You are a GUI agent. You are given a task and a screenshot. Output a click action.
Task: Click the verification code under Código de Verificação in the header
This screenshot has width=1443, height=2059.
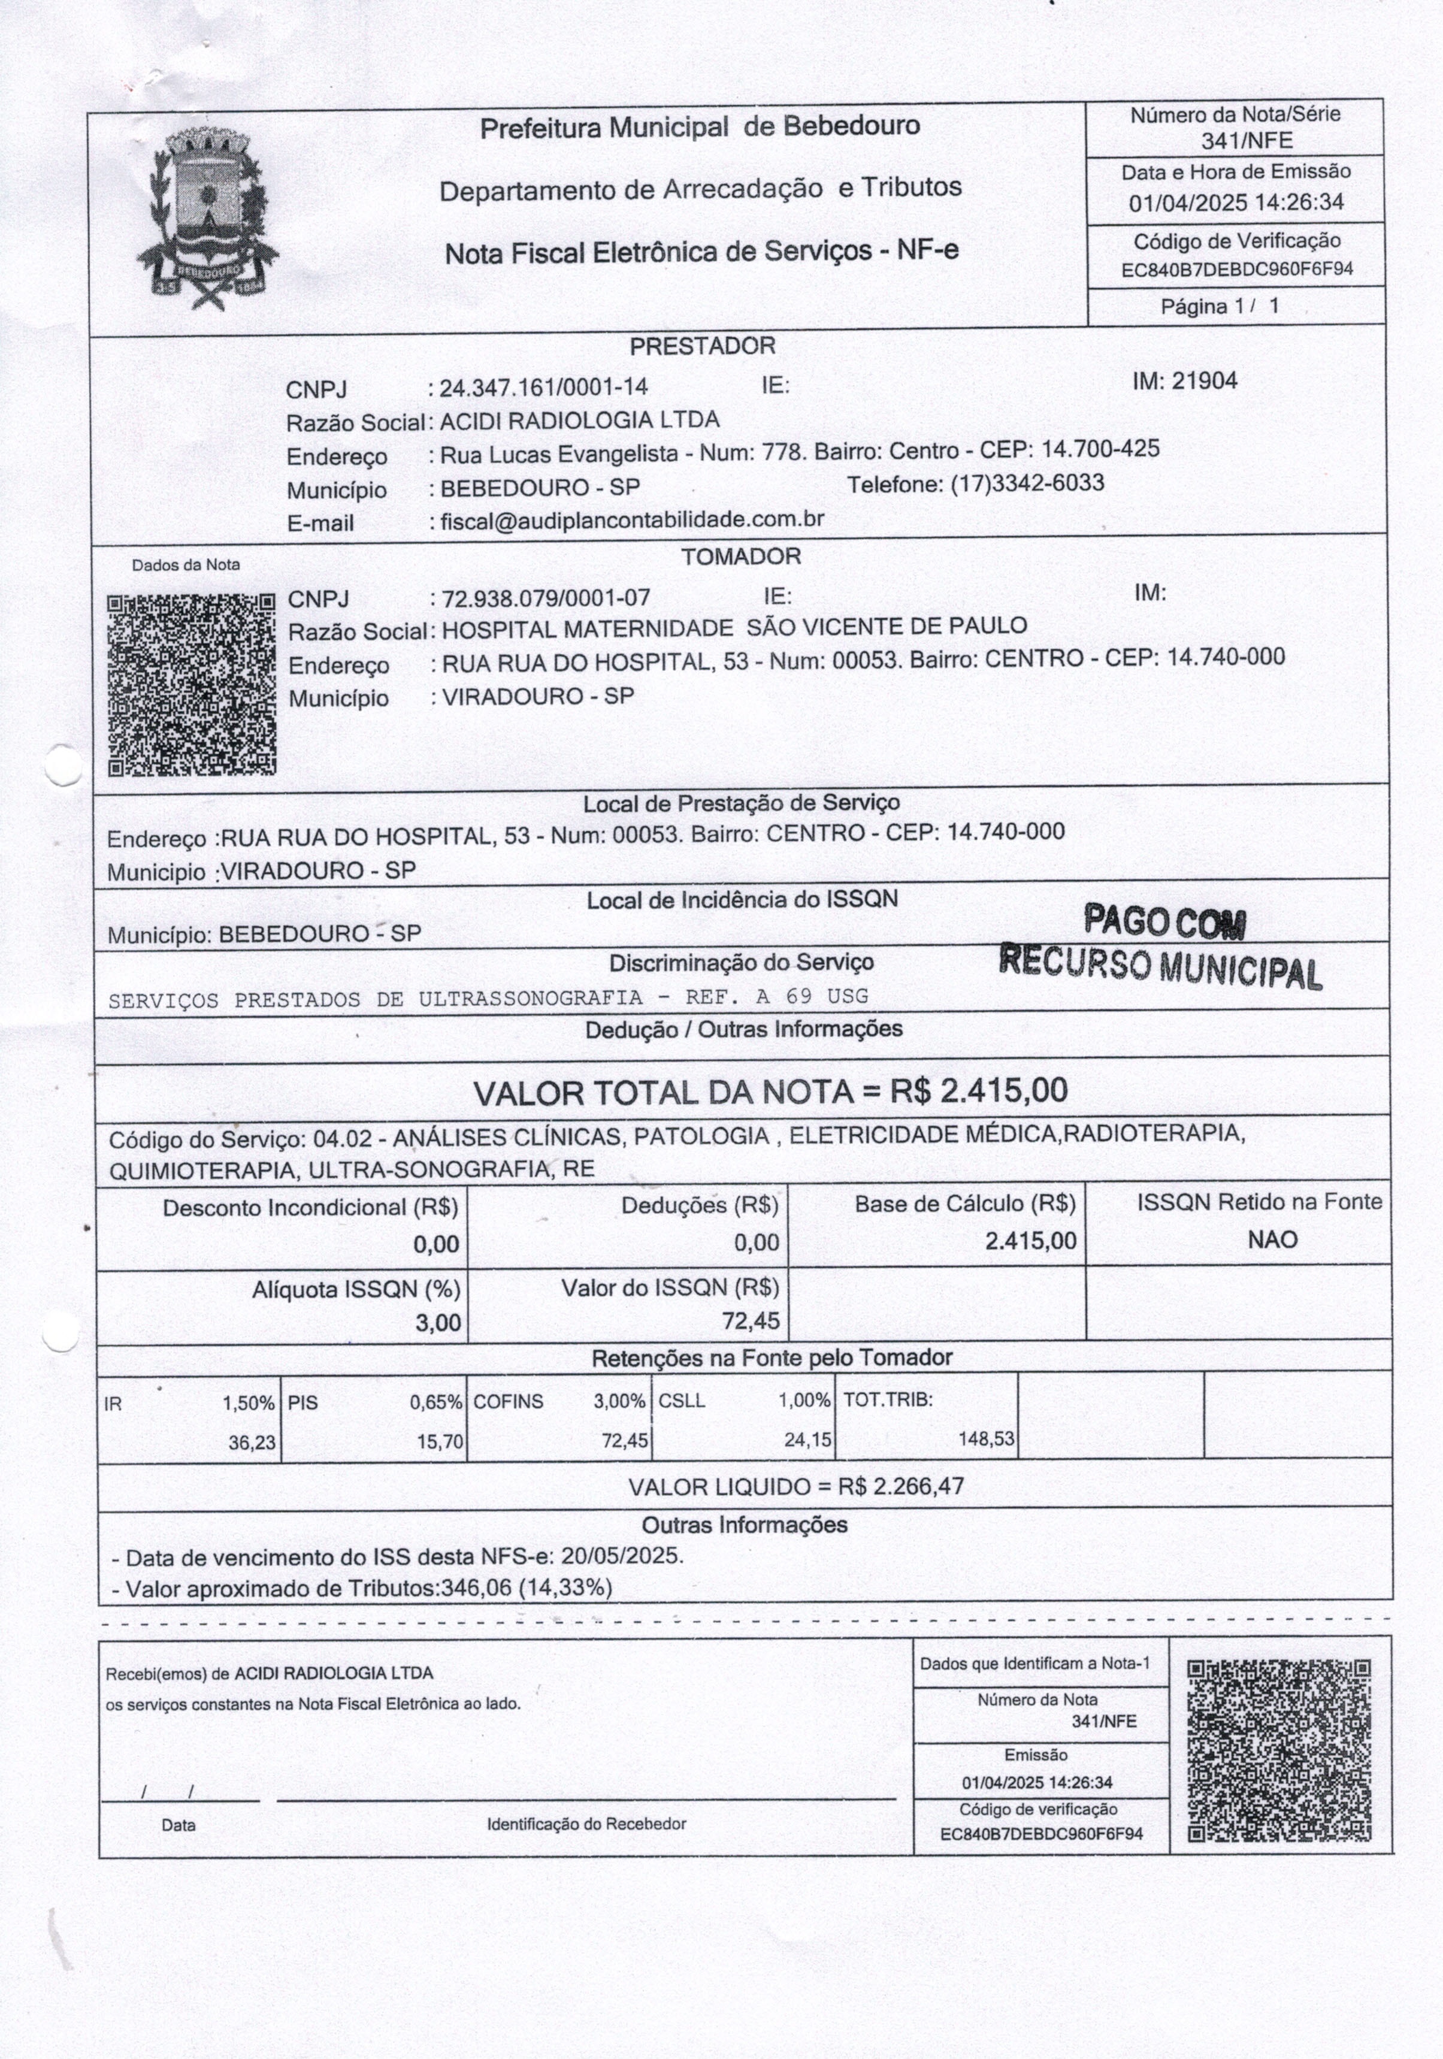pos(1237,269)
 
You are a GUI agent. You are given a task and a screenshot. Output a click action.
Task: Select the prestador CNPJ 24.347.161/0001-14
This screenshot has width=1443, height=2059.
pos(543,388)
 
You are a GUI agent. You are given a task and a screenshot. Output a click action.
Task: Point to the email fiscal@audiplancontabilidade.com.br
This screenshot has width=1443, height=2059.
pos(633,520)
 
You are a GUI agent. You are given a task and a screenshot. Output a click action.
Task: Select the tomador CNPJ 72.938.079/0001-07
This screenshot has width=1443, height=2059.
pos(546,597)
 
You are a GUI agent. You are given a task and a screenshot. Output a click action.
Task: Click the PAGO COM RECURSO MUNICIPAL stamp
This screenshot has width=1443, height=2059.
pos(1162,946)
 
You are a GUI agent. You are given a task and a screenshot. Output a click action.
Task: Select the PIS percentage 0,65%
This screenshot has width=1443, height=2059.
pos(436,1402)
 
